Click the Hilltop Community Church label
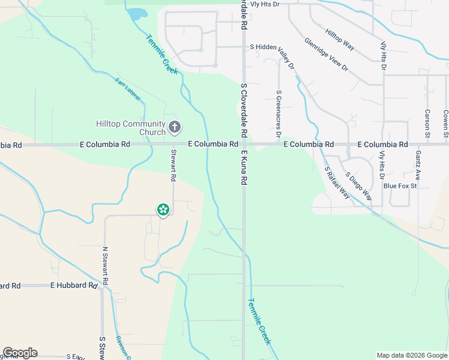(131, 128)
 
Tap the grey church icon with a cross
(175, 127)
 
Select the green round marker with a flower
(163, 209)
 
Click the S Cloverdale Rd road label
(244, 110)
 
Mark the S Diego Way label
(358, 186)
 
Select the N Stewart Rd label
(105, 265)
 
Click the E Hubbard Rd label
(73, 286)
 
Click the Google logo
(20, 353)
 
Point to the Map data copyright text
(411, 355)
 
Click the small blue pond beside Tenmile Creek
(137, 14)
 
